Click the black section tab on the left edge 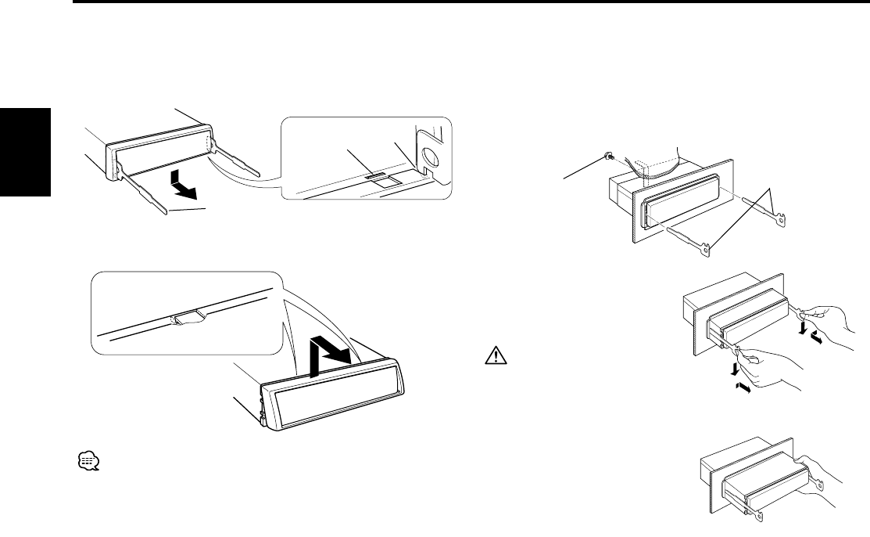25,153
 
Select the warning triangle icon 495,357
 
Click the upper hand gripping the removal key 829,316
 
